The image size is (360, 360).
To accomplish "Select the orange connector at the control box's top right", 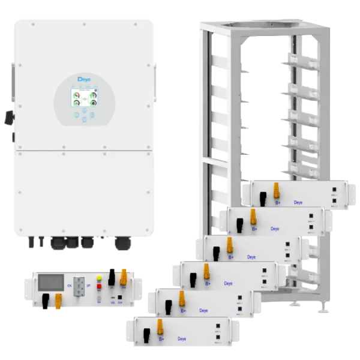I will (x=124, y=277).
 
